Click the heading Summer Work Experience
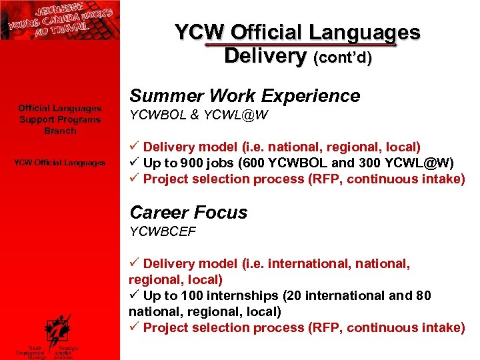245,96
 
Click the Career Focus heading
188,213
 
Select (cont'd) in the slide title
343,58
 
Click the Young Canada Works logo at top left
59,20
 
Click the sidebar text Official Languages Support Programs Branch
59,119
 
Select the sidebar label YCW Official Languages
60,163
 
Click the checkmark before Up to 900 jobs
134,163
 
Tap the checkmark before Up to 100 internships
134,295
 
